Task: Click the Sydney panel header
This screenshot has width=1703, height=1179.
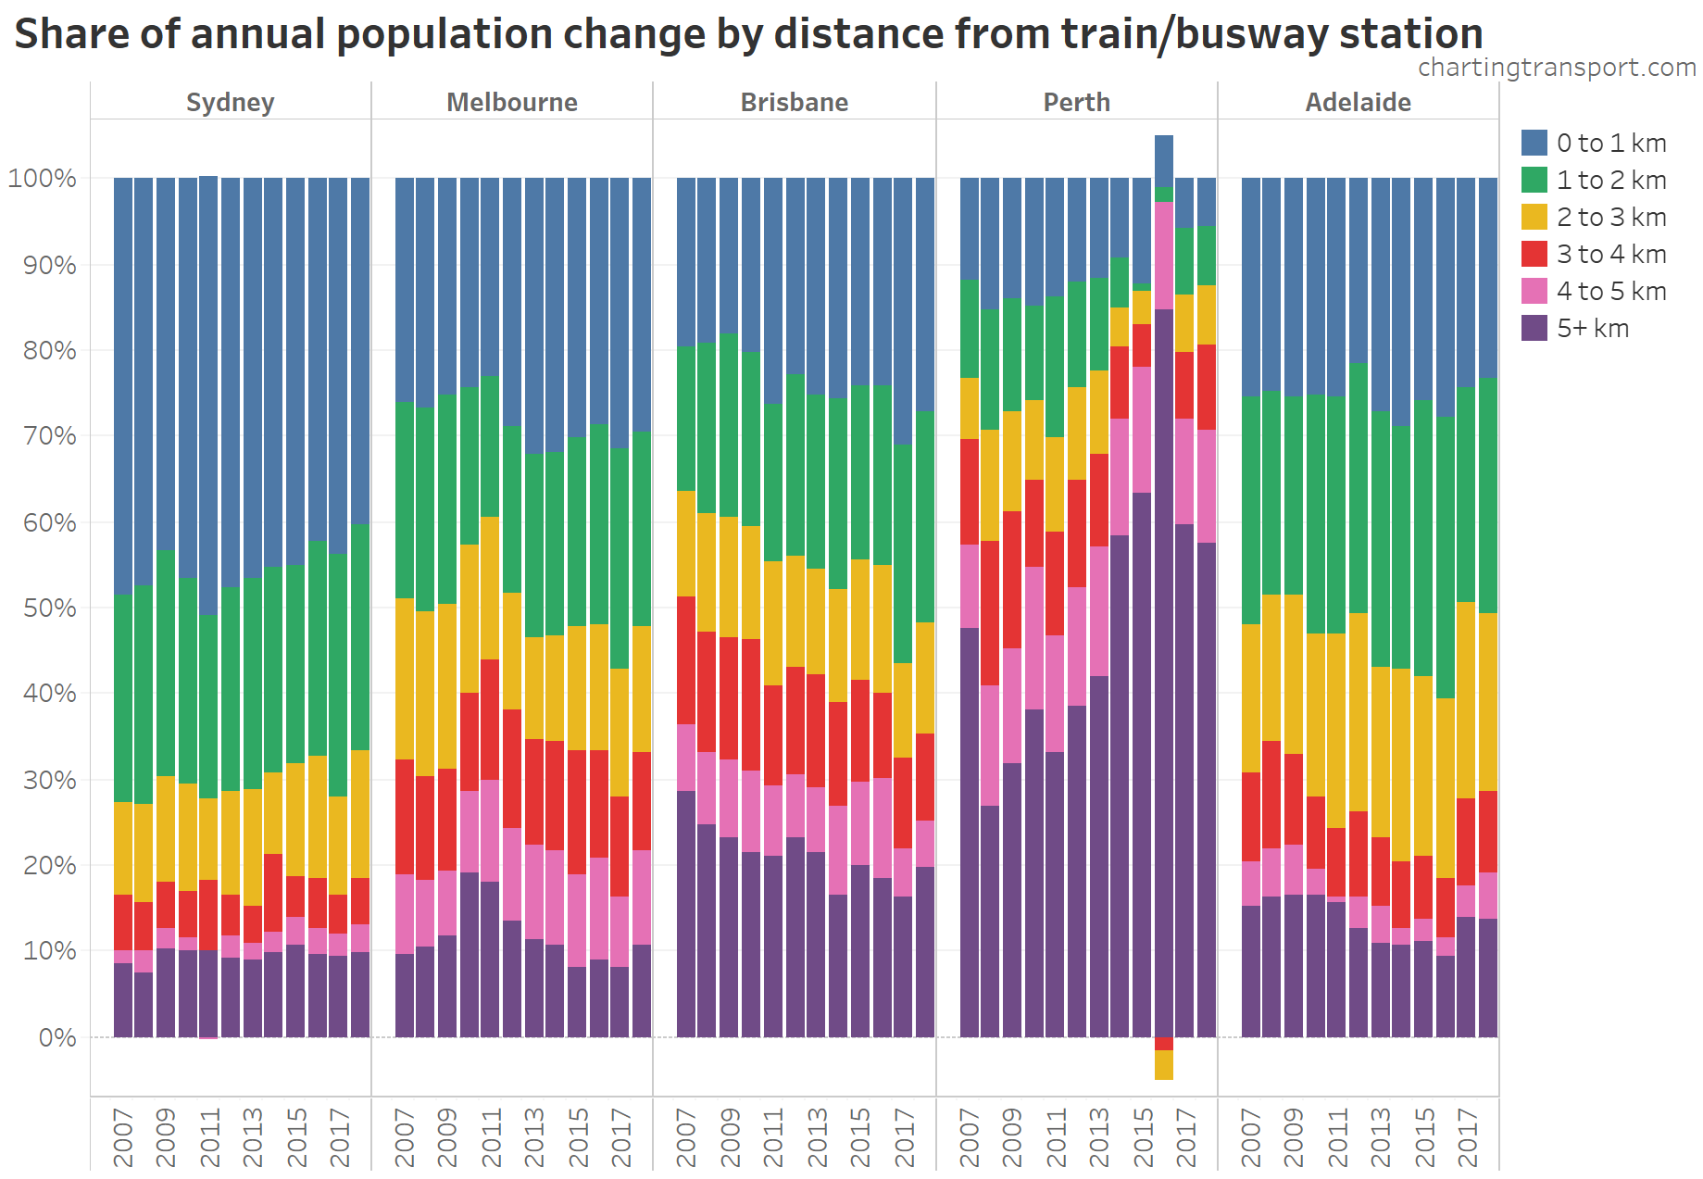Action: pos(230,102)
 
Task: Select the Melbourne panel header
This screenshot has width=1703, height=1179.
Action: pos(511,102)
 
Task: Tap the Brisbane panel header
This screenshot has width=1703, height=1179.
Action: pos(794,102)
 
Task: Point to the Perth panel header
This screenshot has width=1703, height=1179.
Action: pos(1076,102)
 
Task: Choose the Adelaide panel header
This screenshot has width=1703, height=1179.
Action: pos(1358,102)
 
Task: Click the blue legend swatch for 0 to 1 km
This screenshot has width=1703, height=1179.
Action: pos(1534,143)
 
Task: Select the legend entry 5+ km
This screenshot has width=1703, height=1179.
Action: pos(1592,328)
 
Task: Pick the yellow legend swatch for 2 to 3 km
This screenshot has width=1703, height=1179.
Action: pos(1534,217)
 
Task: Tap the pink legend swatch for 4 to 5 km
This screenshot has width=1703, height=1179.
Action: pos(1534,291)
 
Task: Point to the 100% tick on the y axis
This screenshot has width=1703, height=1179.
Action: pos(42,178)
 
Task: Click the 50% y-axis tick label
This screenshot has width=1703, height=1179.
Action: pos(49,608)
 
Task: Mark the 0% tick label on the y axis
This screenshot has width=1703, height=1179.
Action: pos(56,1037)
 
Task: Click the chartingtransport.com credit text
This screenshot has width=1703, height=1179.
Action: pos(1556,68)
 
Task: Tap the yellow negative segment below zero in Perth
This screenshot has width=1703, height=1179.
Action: pos(1163,1065)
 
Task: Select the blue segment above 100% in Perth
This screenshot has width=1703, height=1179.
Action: pos(1163,160)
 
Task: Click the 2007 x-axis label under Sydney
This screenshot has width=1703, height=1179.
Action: pos(123,1136)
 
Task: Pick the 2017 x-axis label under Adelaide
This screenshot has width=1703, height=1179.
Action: pos(1467,1136)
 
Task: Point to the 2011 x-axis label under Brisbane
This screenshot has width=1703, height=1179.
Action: pos(773,1136)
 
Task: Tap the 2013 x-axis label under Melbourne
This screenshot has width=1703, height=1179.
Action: pos(534,1136)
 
